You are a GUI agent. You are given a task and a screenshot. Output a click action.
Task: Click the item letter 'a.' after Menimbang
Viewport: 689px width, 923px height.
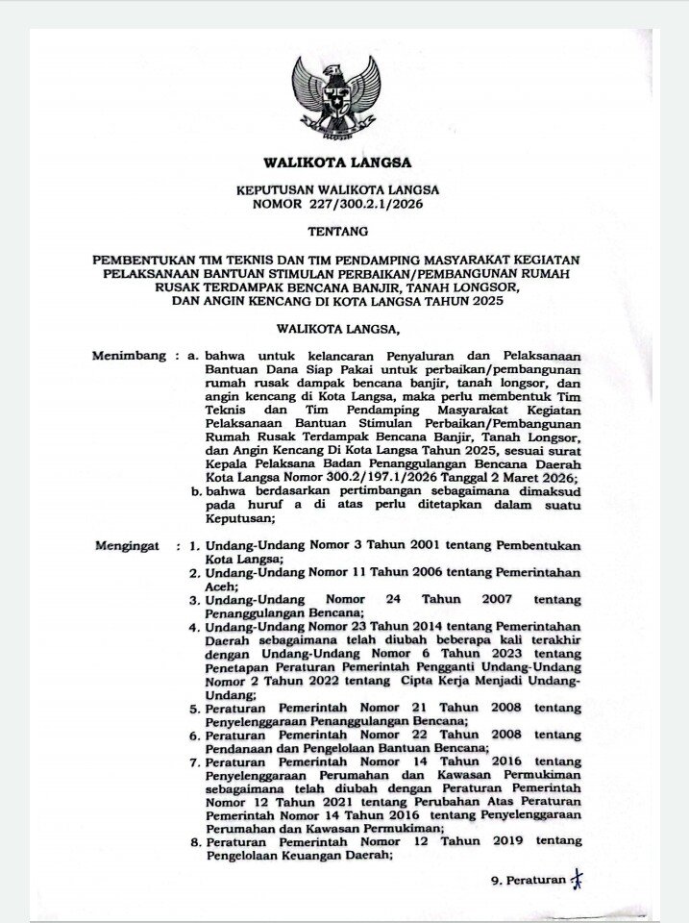point(194,356)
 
